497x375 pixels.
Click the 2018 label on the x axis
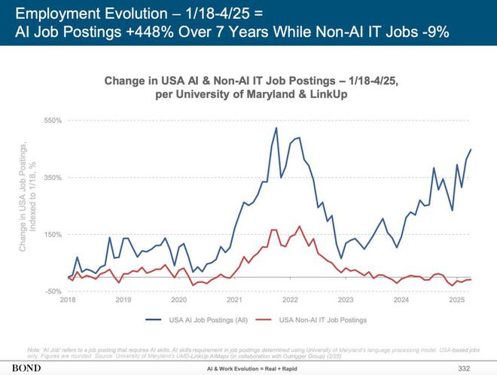click(x=68, y=300)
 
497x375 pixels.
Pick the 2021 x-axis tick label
click(x=234, y=300)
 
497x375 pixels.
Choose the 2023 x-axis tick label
click(x=346, y=300)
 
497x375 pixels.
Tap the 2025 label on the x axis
click(x=456, y=300)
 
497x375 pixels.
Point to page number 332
click(x=464, y=368)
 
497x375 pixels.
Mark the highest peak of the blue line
click(x=276, y=128)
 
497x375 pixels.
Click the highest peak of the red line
click(x=300, y=226)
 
